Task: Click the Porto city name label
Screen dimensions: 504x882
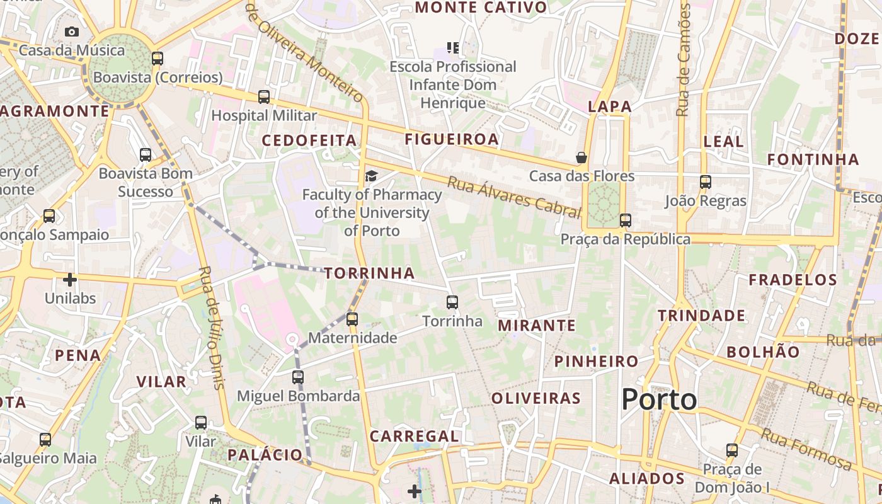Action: click(659, 399)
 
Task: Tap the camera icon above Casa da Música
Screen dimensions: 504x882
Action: click(72, 31)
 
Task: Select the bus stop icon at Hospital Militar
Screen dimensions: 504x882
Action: click(264, 97)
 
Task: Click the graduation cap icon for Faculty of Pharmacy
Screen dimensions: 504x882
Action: click(372, 176)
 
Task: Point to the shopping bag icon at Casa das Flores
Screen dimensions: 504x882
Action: click(581, 157)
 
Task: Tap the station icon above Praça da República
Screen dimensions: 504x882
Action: click(625, 220)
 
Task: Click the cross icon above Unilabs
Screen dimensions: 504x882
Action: click(70, 279)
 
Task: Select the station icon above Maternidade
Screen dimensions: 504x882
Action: click(352, 319)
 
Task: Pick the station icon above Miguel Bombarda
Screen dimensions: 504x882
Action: click(298, 377)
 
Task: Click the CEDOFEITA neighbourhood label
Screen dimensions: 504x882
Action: click(309, 140)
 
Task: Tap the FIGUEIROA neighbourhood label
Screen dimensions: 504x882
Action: click(452, 139)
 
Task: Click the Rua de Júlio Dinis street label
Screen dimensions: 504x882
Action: click(212, 328)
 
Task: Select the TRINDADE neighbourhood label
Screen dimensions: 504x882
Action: click(701, 316)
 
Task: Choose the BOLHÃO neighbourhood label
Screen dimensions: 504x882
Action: click(763, 352)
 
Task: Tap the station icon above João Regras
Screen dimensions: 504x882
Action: click(706, 182)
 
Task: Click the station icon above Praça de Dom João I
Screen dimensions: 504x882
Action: click(731, 450)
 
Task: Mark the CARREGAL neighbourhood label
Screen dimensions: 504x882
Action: click(414, 436)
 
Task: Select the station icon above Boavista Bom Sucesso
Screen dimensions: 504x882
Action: click(146, 154)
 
